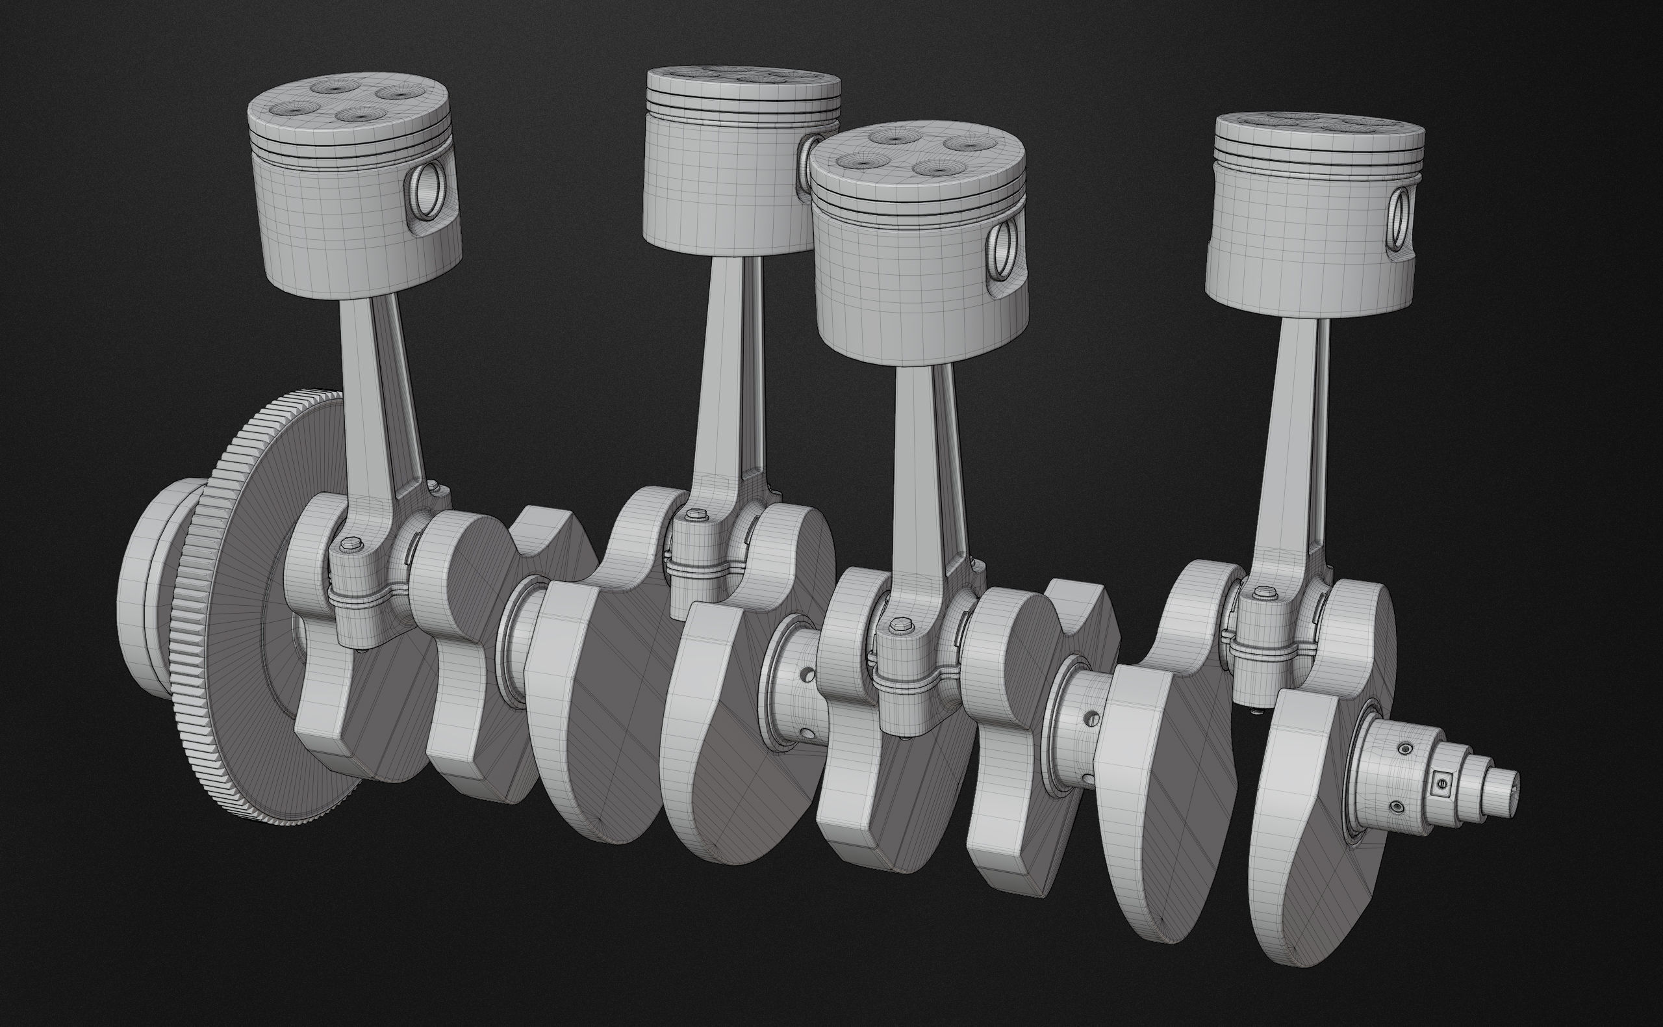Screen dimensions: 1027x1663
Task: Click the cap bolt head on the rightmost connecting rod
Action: click(1261, 593)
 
